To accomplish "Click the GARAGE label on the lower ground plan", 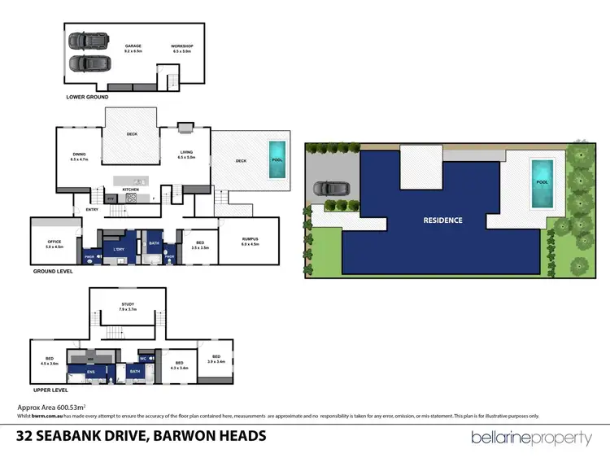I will pos(133,46).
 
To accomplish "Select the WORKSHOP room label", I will pos(181,46).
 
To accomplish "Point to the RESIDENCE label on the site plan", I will pos(442,220).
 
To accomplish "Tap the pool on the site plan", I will pos(541,182).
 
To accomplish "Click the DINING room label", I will pos(79,155).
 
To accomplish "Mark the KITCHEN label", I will pos(131,190).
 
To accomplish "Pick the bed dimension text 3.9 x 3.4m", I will pos(216,361).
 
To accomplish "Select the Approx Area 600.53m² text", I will pos(53,407).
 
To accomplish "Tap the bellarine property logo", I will pos(532,438).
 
